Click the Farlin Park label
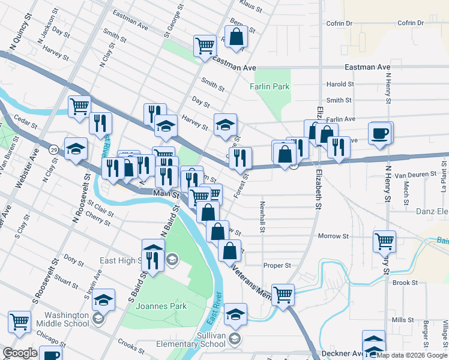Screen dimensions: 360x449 coord(270,86)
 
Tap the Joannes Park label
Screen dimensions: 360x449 coord(161,306)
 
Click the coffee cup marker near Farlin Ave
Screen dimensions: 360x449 coord(380,133)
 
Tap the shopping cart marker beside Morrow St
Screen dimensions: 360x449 coord(384,241)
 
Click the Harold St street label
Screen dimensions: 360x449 coord(339,85)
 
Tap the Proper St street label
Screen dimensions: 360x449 coord(277,265)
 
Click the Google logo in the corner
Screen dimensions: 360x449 coord(20,353)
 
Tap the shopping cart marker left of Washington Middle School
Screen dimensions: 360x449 coord(19,322)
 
